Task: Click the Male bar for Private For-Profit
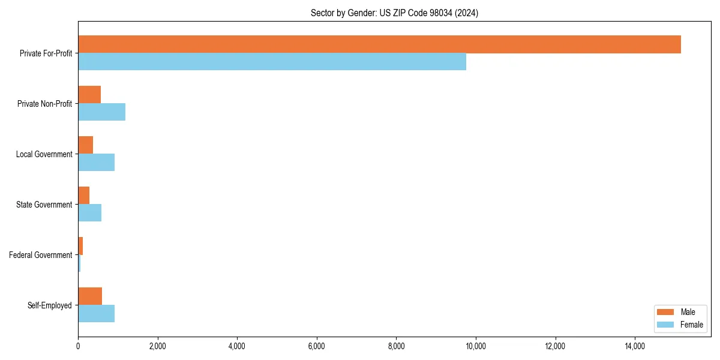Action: [x=379, y=44]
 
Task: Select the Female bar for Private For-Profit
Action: [x=272, y=62]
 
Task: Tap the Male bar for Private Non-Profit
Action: [x=89, y=95]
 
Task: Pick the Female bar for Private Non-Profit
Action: [x=101, y=112]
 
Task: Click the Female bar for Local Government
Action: [x=96, y=163]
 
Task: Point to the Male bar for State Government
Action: [x=83, y=196]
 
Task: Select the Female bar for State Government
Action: [x=89, y=213]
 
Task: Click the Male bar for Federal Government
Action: [x=80, y=246]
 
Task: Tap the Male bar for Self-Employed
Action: [x=90, y=296]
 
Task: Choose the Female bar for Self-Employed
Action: [x=96, y=314]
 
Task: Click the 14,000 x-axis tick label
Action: [x=635, y=346]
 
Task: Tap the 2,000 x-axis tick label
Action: [x=157, y=346]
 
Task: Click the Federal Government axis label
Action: [x=41, y=255]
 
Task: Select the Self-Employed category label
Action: [x=50, y=305]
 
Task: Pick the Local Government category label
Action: [x=44, y=154]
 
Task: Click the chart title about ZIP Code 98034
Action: [x=394, y=13]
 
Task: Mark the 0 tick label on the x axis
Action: [x=78, y=346]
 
